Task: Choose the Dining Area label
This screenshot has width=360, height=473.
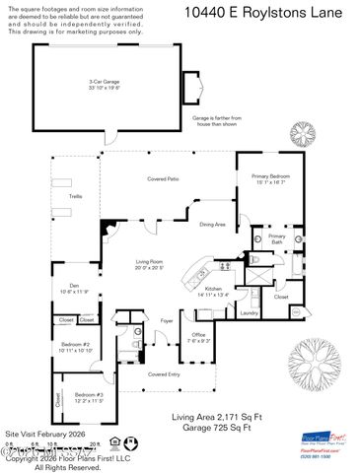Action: point(213,225)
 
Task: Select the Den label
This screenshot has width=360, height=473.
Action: point(75,289)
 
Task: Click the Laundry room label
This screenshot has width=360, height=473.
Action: point(249,312)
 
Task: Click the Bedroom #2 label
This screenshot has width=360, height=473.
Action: point(75,346)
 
